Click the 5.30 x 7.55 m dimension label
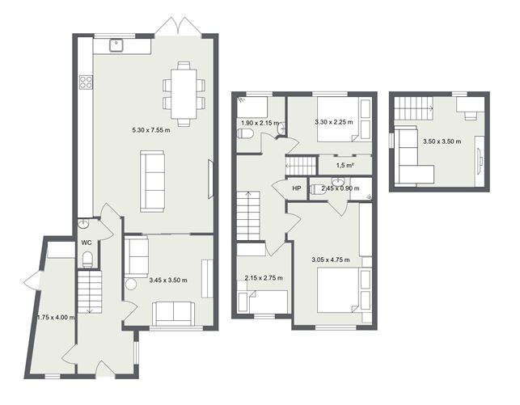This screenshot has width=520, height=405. (x=151, y=130)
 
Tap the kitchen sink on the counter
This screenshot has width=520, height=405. (x=116, y=45)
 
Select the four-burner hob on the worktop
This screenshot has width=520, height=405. (x=86, y=82)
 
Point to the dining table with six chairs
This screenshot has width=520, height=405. (x=184, y=94)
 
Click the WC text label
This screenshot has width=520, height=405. (x=87, y=243)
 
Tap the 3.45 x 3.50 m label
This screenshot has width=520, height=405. (x=168, y=280)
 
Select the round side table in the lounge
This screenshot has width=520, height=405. (x=131, y=285)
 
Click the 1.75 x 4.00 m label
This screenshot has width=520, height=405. (x=56, y=317)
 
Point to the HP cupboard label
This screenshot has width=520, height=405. (x=297, y=188)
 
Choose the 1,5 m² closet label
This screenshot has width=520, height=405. (x=345, y=166)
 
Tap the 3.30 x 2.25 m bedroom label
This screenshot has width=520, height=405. (x=334, y=122)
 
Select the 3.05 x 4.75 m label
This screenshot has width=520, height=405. (x=331, y=259)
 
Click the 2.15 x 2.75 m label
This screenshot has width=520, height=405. (x=264, y=278)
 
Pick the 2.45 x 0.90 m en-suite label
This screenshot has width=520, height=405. (x=340, y=188)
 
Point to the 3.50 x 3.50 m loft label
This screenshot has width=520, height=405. (x=442, y=141)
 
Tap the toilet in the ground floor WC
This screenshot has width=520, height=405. (x=87, y=259)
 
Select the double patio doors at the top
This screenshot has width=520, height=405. (x=178, y=26)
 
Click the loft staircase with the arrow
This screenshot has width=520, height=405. (x=413, y=108)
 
